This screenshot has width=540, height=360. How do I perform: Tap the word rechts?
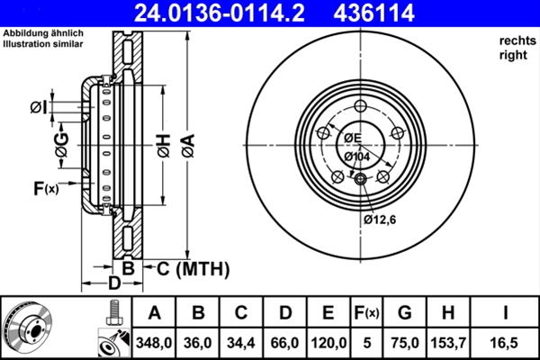point(516,40)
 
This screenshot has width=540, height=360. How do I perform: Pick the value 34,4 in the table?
point(242,342)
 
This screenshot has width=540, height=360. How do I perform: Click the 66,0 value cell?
point(285,342)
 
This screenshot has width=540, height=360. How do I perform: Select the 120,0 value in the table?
point(328,342)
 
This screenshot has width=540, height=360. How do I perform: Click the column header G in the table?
point(404,313)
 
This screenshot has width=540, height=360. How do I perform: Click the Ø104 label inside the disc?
point(356,157)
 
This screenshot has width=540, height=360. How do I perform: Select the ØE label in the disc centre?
point(351,138)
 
